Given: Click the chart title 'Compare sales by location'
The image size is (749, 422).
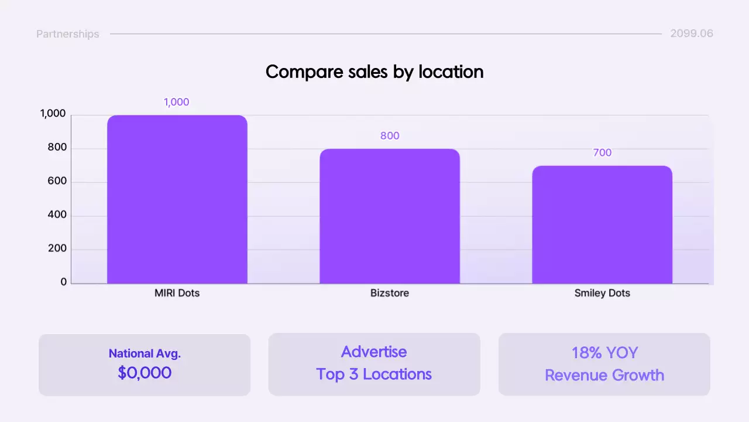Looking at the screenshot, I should [374, 72].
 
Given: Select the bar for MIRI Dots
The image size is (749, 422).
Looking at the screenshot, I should [177, 199].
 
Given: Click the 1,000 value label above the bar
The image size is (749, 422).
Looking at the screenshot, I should [176, 102].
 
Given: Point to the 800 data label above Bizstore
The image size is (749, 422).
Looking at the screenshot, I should [390, 136].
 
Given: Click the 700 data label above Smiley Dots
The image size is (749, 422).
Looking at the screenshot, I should [602, 153].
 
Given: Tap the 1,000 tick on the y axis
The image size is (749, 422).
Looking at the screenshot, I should [53, 114].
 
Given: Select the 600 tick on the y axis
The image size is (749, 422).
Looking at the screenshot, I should [57, 182].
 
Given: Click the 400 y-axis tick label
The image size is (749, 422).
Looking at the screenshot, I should [57, 215].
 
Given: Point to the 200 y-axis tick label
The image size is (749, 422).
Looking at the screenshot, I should [57, 249].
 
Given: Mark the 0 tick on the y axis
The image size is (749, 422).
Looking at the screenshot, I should [64, 282].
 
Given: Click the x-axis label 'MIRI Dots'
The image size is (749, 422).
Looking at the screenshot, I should [177, 293].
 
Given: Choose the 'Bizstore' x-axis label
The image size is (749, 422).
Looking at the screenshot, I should [390, 293].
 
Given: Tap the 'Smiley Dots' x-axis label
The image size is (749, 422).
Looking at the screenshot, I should [602, 293].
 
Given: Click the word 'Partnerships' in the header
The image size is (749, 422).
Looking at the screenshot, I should [68, 34].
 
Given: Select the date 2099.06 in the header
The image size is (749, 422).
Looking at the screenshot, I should [692, 33].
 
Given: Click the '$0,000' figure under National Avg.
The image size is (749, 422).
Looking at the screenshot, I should [145, 373].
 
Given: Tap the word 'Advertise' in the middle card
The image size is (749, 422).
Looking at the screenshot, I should [374, 352].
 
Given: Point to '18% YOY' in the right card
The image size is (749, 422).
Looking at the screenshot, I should [604, 353].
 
